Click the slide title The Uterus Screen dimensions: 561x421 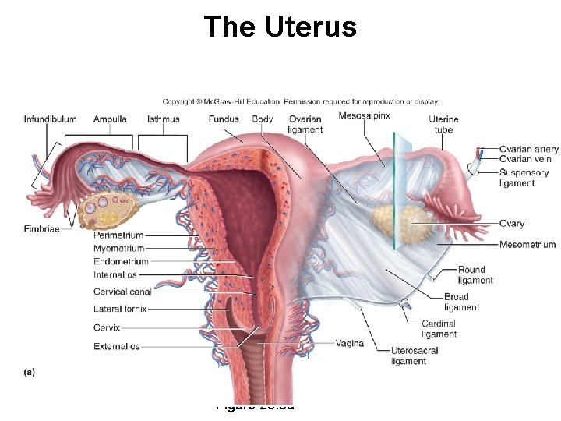point(280,27)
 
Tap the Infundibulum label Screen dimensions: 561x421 point(50,119)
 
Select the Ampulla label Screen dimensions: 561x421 point(110,119)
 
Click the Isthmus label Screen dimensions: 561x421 point(163,119)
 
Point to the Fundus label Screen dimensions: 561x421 point(224,119)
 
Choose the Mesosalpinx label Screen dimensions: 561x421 point(365,116)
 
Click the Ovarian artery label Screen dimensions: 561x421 point(529,149)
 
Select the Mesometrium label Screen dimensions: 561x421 point(527,244)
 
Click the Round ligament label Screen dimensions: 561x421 point(475,275)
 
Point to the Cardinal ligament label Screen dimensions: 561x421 point(439,329)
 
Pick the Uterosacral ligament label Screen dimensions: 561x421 point(415,356)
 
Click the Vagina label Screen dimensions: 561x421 point(350,343)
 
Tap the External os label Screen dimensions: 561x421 point(117,346)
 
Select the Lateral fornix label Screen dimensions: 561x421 point(120,310)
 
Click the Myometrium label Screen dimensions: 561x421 point(118,248)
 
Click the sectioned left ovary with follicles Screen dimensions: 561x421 point(110,207)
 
